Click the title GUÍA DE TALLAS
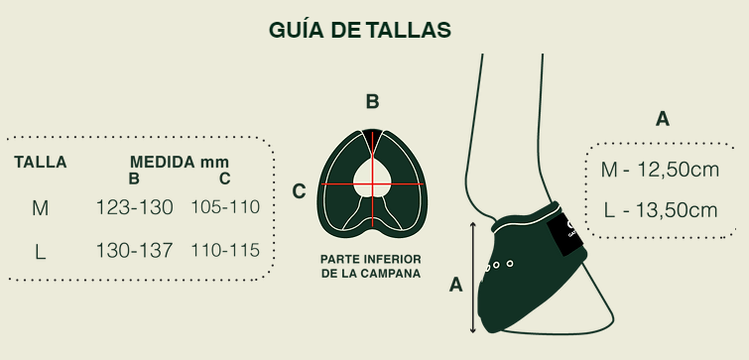point(360,30)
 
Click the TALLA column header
point(40,163)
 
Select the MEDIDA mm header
point(180,162)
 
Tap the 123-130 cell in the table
point(134,207)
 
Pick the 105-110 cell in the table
point(225,206)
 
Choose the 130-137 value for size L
point(134,250)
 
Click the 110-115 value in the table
point(225,250)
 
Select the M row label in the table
point(40,208)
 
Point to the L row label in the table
point(41,252)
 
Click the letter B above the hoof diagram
point(373,101)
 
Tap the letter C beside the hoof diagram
point(299,191)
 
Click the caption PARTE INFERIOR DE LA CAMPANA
point(371,267)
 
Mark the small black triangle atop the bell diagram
point(372,135)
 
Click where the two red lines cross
point(372,183)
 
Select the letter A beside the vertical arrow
point(456,285)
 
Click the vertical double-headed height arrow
point(473,278)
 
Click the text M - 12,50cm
point(660,170)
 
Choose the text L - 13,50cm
point(661,210)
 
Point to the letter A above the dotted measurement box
point(663,119)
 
